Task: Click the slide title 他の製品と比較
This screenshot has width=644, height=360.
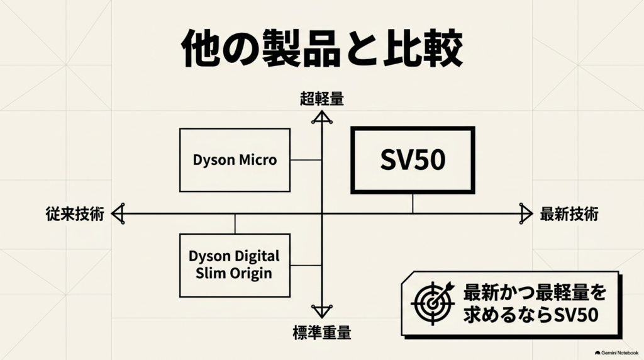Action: pyautogui.click(x=323, y=48)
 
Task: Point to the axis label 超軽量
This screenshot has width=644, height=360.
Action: pyautogui.click(x=322, y=99)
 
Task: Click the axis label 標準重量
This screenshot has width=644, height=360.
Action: pyautogui.click(x=322, y=332)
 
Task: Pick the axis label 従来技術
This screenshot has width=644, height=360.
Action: pyautogui.click(x=75, y=214)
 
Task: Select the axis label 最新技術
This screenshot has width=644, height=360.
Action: pyautogui.click(x=569, y=214)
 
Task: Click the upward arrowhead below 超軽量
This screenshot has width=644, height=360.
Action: pyautogui.click(x=322, y=118)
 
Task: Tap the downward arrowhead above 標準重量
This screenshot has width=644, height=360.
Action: pyautogui.click(x=322, y=311)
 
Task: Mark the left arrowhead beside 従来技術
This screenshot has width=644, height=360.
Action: pyautogui.click(x=118, y=214)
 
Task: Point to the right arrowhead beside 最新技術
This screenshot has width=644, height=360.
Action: pyautogui.click(x=526, y=214)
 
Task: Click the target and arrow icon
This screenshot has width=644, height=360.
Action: pyautogui.click(x=433, y=303)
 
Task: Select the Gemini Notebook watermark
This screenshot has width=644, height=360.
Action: pyautogui.click(x=616, y=352)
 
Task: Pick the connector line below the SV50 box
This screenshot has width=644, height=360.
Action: pyautogui.click(x=413, y=203)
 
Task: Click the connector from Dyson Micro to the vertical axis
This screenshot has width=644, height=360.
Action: pyautogui.click(x=306, y=160)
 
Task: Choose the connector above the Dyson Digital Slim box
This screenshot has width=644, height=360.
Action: pyautogui.click(x=235, y=224)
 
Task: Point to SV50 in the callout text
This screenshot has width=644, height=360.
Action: pyautogui.click(x=576, y=315)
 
